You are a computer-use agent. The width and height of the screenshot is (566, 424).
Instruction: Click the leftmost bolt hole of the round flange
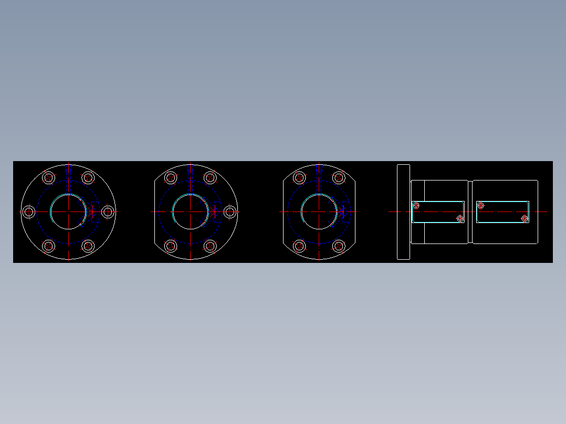[x=29, y=211]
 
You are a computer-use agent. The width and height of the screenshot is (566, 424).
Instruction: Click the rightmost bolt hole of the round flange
[x=108, y=211]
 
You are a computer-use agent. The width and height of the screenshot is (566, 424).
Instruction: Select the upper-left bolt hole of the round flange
[x=49, y=177]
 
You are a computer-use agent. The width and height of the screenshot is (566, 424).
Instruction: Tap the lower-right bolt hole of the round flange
[x=88, y=246]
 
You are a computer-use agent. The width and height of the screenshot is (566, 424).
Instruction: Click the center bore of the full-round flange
[x=68, y=211]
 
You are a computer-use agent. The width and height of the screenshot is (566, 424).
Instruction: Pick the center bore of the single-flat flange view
[x=191, y=211]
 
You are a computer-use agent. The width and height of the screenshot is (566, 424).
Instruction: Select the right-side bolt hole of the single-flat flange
[x=230, y=211]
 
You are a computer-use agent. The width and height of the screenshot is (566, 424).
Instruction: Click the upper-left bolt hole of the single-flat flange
[x=171, y=177]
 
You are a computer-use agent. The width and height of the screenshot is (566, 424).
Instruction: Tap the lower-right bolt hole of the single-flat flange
[x=211, y=246]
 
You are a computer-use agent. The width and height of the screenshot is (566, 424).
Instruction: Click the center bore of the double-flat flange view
[x=319, y=211]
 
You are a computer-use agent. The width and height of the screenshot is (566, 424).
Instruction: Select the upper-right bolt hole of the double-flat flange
[x=339, y=177]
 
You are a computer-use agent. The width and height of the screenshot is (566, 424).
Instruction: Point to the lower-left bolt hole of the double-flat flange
[x=299, y=246]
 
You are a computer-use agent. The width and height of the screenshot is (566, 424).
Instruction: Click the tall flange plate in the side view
[x=403, y=211]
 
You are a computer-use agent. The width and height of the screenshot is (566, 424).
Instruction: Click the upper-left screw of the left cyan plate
[x=416, y=205]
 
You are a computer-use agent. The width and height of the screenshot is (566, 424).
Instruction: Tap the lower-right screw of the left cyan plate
[x=460, y=218]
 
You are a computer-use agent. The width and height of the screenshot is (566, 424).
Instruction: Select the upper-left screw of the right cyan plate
[x=480, y=205]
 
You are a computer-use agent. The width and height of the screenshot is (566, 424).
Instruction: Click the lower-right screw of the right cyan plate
[x=525, y=218]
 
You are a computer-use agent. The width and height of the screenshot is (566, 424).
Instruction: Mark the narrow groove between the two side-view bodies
[x=470, y=211]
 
